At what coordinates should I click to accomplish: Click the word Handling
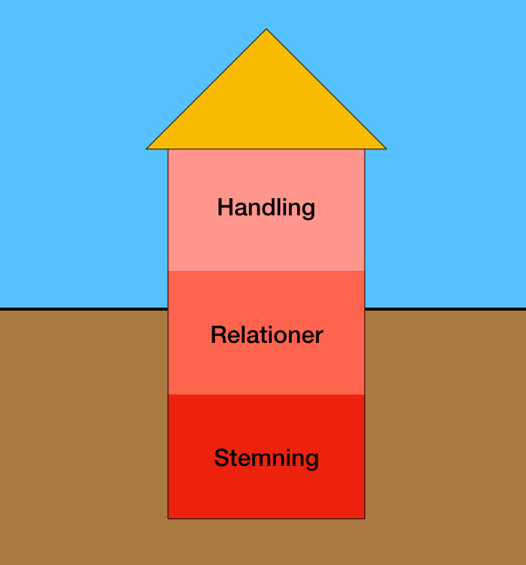point(266,207)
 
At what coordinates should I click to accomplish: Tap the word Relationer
point(266,335)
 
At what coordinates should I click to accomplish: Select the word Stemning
point(266,458)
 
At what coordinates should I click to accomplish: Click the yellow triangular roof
point(266,105)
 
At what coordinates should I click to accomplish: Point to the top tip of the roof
point(266,30)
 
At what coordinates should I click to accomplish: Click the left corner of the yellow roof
point(148,148)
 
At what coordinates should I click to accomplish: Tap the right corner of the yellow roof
point(385,148)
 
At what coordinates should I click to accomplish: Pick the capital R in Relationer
point(218,335)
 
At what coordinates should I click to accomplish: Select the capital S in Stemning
point(221,458)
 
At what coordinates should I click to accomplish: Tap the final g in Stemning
point(311,460)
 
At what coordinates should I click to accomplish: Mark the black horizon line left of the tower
point(83,308)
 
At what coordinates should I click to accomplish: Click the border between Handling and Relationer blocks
point(266,271)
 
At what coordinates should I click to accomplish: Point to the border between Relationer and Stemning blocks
point(266,395)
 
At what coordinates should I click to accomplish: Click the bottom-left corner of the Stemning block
point(168,518)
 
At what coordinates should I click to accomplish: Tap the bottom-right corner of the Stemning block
point(365,518)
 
